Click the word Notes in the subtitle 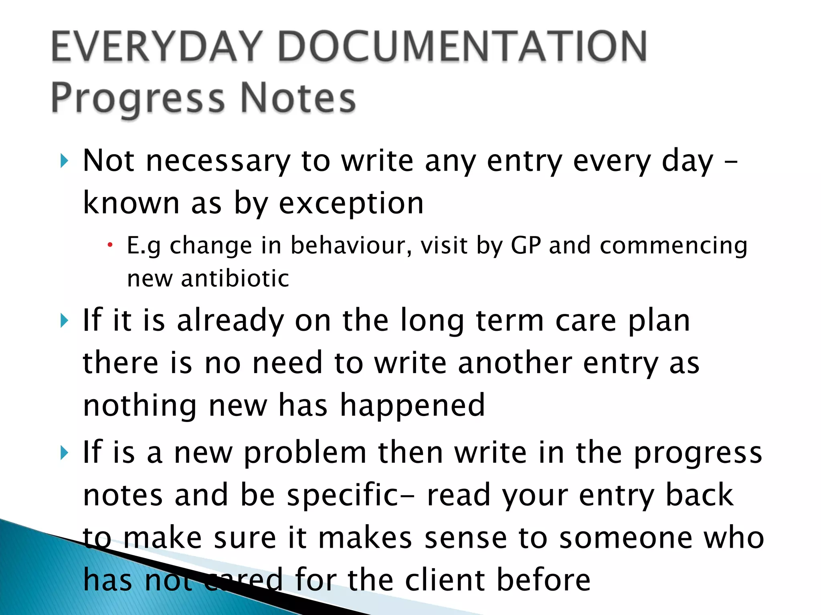pyautogui.click(x=298, y=98)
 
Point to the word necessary pyautogui.click(x=218, y=161)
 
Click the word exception pyautogui.click(x=351, y=203)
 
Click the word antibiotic pyautogui.click(x=235, y=278)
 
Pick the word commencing pyautogui.click(x=673, y=246)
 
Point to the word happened pyautogui.click(x=413, y=406)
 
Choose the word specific pyautogui.click(x=343, y=496)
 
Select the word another pyautogui.click(x=515, y=363)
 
